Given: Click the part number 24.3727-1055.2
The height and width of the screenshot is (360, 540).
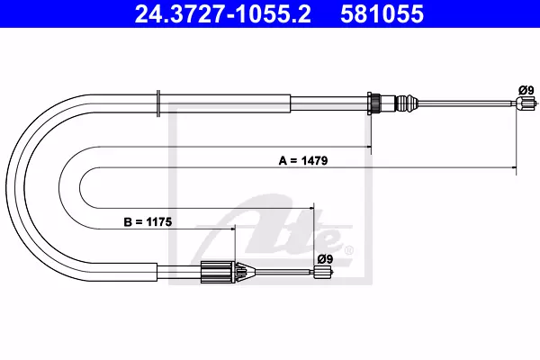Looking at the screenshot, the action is [x=223, y=14].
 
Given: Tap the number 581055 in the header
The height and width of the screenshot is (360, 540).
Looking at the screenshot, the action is [x=382, y=14].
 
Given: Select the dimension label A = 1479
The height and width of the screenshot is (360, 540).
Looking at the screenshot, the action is [x=303, y=160].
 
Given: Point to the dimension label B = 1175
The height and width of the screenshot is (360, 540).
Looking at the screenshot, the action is [x=148, y=222].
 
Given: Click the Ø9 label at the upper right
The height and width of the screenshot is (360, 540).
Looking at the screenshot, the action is [x=526, y=90].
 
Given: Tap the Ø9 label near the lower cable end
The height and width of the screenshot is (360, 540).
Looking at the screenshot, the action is [x=325, y=258].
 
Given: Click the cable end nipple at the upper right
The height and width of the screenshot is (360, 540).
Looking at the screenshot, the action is [x=526, y=103].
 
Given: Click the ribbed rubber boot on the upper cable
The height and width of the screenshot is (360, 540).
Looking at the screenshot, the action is [x=407, y=103].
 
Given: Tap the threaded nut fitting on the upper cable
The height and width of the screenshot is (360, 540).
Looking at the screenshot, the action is [x=374, y=103].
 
